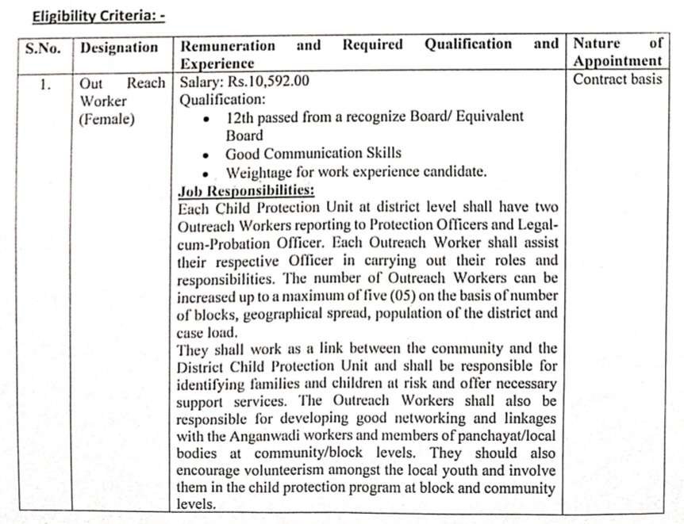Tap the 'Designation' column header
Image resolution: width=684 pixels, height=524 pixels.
tap(120, 48)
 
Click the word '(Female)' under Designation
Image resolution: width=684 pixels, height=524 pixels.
tap(106, 120)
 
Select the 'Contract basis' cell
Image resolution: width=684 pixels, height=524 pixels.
tap(617, 79)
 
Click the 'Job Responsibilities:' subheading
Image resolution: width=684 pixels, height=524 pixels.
tap(247, 191)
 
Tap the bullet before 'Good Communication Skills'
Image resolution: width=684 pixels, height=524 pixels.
tap(206, 155)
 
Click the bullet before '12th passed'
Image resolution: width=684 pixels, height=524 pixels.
tap(206, 118)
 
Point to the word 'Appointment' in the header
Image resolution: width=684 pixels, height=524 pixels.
tap(617, 62)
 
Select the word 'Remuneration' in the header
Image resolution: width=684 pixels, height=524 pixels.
tap(229, 45)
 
